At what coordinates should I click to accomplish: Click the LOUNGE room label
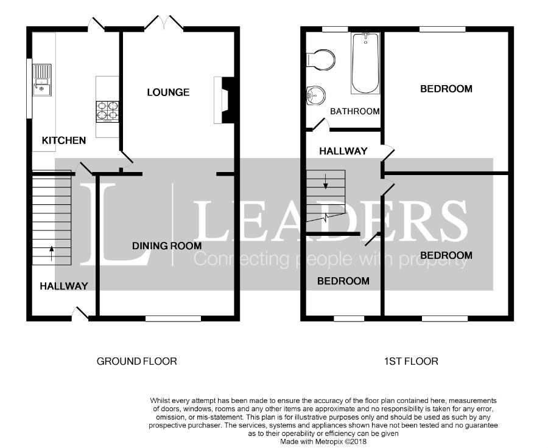click(168, 92)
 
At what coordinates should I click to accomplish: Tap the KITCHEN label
click(64, 140)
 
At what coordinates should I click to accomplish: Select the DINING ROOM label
click(167, 246)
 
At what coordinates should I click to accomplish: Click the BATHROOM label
click(355, 111)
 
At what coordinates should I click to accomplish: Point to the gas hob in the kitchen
click(107, 112)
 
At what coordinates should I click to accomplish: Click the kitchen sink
click(42, 80)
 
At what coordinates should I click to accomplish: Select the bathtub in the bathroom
click(365, 63)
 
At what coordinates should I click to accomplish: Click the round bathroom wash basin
click(316, 95)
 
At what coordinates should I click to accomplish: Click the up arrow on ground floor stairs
click(52, 253)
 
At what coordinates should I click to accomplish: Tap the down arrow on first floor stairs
click(325, 181)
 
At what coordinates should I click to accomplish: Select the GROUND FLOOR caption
click(136, 361)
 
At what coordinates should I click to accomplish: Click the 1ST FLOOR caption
click(411, 361)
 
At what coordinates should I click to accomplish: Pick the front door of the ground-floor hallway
click(80, 313)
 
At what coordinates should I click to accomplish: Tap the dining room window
click(174, 318)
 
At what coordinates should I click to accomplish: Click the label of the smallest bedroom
click(343, 281)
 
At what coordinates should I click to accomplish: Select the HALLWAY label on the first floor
click(343, 151)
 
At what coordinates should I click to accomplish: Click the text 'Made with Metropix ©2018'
click(323, 441)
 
